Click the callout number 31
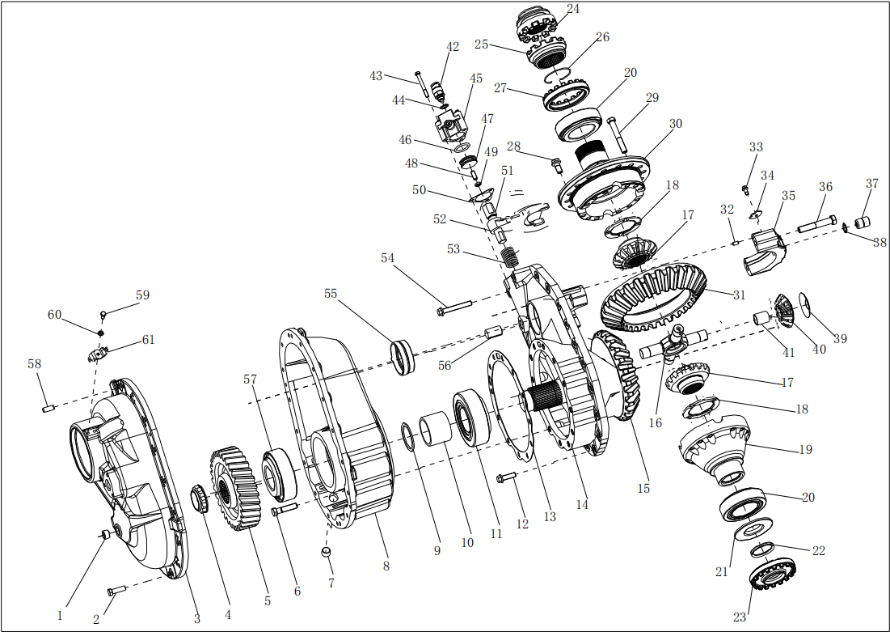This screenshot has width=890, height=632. [x=739, y=295]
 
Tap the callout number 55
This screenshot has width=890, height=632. [x=331, y=294]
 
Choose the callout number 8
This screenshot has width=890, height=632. [x=386, y=566]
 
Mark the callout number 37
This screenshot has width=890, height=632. [x=872, y=184]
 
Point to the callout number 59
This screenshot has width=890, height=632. [x=142, y=295]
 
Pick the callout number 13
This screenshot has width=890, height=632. [x=550, y=517]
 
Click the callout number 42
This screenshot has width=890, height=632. [x=453, y=47]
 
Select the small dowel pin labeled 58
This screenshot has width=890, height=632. [x=48, y=409]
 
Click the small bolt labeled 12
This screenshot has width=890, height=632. [x=506, y=478]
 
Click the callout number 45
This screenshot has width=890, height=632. [x=476, y=78]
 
